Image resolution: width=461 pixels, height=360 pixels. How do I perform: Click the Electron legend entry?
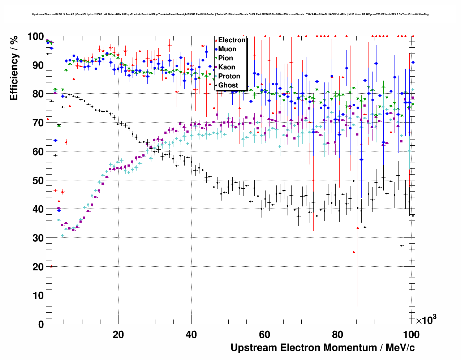coord(232,40)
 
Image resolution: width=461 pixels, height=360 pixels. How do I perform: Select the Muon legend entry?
coord(227,49)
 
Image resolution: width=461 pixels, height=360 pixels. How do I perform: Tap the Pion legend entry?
coord(225,58)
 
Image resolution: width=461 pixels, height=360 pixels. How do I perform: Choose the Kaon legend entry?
coord(227,67)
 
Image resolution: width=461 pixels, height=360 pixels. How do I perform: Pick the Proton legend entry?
coord(229,76)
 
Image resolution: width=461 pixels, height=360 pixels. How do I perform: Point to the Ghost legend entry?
coord(228,85)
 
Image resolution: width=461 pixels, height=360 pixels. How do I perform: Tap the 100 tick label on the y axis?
coord(36,37)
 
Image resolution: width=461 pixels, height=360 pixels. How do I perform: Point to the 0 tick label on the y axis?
coord(41,324)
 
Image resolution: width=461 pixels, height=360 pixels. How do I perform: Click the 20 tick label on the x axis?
coord(118,335)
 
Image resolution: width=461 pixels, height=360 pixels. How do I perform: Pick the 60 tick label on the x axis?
coord(264,335)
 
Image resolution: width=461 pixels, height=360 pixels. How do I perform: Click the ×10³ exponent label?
coord(426,320)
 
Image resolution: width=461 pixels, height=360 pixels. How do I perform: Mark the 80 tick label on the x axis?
coord(338,335)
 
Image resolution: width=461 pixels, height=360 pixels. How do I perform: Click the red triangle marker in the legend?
coord(216,40)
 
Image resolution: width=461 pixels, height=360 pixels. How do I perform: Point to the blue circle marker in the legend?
coord(216,49)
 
